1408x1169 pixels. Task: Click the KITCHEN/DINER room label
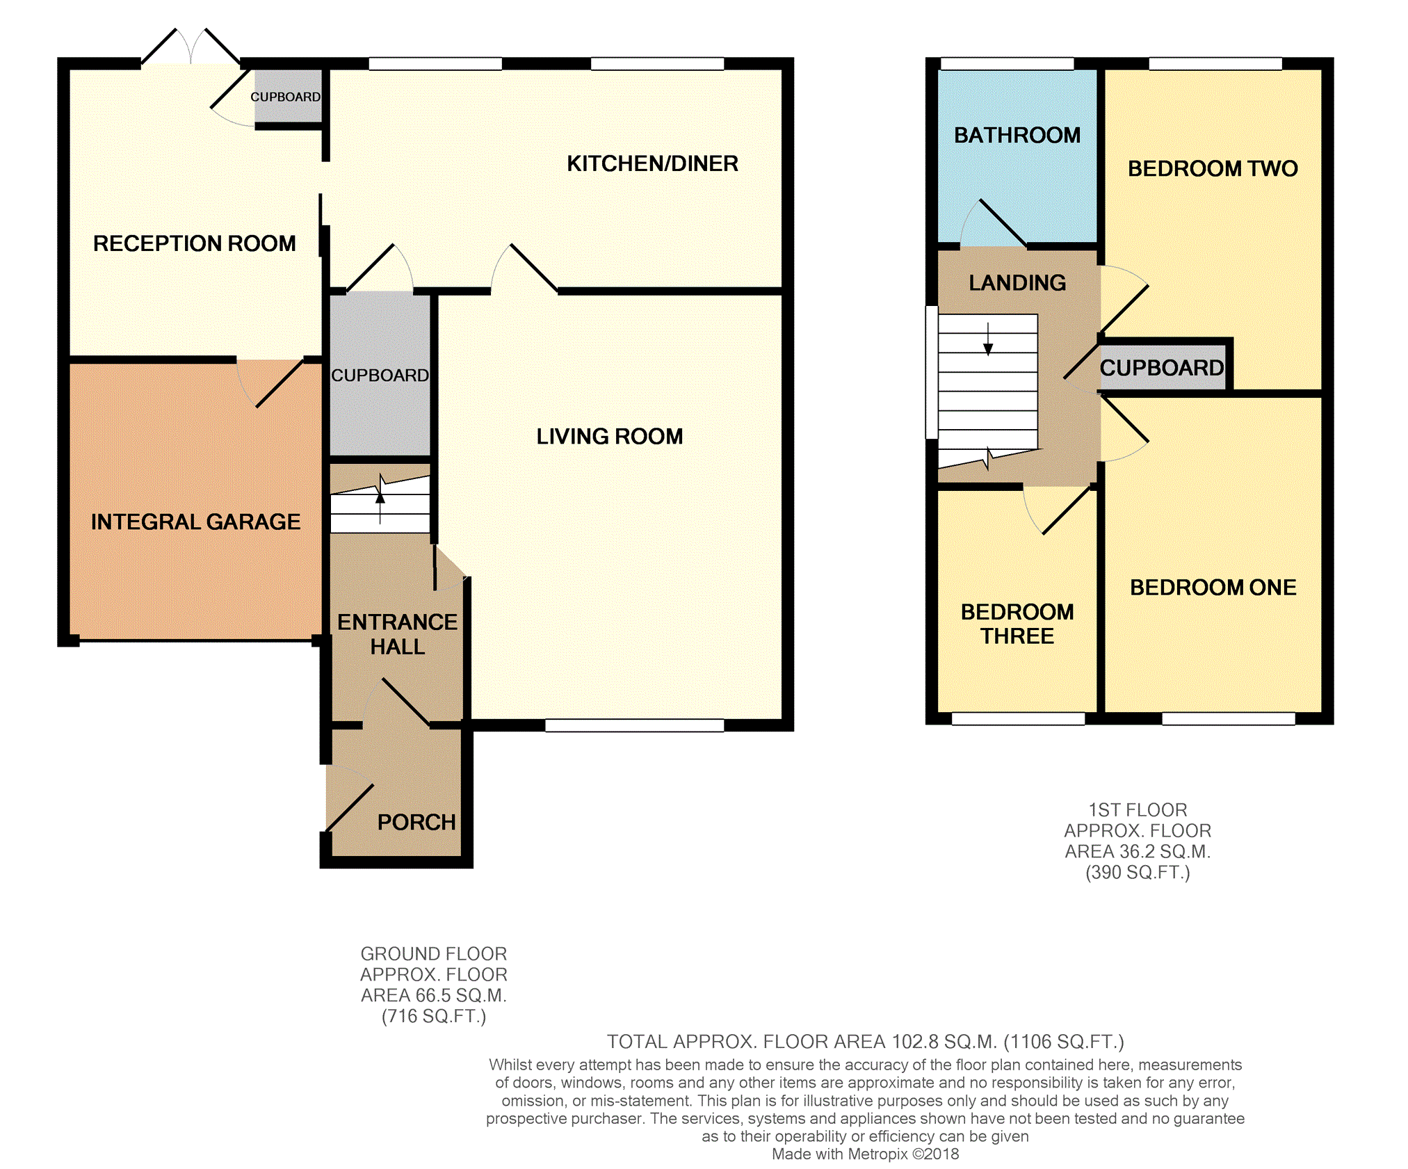[652, 163]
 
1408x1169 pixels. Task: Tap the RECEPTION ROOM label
[195, 243]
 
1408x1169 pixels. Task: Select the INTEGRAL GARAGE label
[195, 522]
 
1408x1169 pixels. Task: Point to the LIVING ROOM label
[610, 436]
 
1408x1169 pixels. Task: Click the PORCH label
[416, 822]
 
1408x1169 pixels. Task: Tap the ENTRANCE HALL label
[398, 634]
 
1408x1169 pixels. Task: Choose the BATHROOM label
[1017, 135]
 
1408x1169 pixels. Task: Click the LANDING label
[1017, 282]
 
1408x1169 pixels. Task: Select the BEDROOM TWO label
[1213, 168]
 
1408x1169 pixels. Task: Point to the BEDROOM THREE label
[1017, 624]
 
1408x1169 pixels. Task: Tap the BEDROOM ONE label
[1213, 588]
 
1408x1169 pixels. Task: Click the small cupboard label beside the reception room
[286, 97]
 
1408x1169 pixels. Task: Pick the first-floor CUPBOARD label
[1162, 368]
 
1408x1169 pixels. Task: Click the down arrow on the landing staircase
[988, 339]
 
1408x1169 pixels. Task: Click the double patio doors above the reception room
[191, 47]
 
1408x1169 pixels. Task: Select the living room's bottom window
[635, 725]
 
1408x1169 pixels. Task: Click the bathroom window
[1008, 64]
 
